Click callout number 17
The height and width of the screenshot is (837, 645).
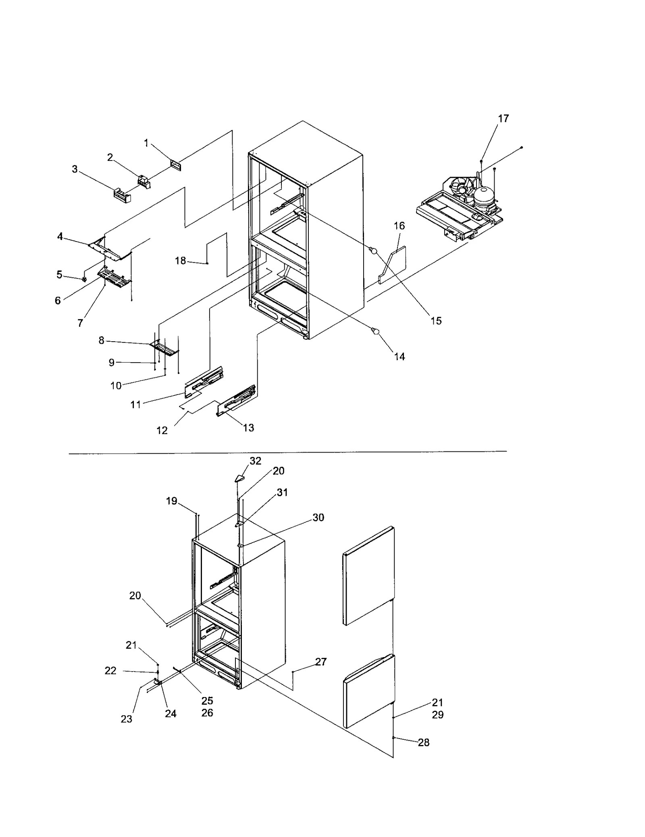[503, 119]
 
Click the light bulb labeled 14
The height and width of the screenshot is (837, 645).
[376, 332]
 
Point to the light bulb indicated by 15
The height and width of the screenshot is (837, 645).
[373, 251]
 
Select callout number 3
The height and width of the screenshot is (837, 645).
[75, 169]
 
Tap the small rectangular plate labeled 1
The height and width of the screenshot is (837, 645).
[175, 165]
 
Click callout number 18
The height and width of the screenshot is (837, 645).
[180, 261]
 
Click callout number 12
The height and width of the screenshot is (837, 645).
[162, 430]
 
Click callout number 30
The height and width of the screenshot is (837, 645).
[318, 518]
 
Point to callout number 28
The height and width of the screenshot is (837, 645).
[423, 743]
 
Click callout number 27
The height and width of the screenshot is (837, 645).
[321, 662]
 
